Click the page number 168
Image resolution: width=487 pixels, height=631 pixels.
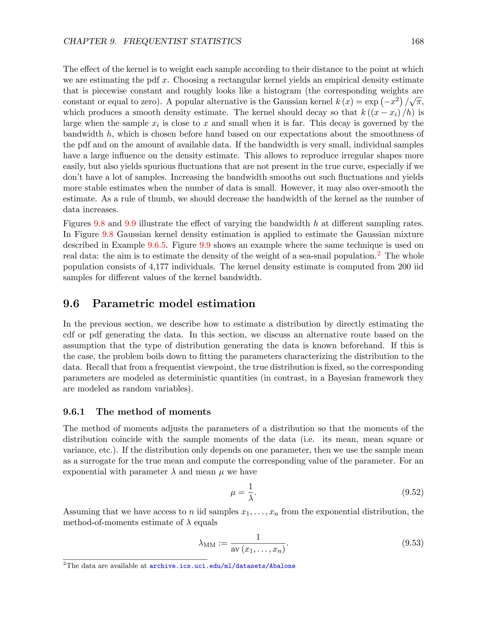point(417,41)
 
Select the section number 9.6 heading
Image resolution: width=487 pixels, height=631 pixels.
point(71,304)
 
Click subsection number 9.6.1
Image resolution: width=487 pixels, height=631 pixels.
point(74,411)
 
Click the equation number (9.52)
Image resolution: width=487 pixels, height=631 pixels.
point(413,492)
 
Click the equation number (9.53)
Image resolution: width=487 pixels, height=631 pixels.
point(413,543)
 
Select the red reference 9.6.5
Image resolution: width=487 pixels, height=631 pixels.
point(157,245)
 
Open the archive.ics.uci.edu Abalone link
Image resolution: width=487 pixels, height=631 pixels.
point(222,566)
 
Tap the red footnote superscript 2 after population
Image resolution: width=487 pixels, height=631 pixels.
point(379,254)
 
